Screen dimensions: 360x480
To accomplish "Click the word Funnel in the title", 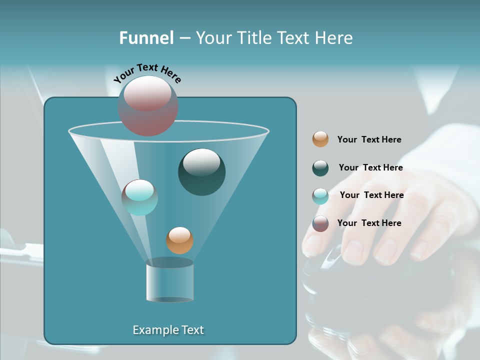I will click(x=146, y=37).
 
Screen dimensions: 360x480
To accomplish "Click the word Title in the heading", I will click(x=253, y=37).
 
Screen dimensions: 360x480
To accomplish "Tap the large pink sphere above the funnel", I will click(x=148, y=105).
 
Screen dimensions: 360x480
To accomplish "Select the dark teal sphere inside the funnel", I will click(x=201, y=172).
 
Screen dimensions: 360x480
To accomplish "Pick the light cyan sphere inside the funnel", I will click(x=139, y=197).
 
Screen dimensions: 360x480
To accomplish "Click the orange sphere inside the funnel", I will click(x=179, y=240).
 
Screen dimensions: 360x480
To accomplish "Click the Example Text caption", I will click(x=168, y=330).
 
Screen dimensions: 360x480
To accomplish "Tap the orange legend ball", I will click(x=320, y=139).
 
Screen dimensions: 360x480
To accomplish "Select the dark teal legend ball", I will click(x=320, y=168).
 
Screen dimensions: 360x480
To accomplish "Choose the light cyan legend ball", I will click(x=320, y=196).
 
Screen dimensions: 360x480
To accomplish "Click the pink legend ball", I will click(x=320, y=223).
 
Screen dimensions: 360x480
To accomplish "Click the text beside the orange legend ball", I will click(x=369, y=139).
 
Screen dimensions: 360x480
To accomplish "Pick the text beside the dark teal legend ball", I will click(x=370, y=167).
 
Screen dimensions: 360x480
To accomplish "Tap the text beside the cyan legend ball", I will click(x=371, y=195).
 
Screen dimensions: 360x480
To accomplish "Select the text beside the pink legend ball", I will click(x=369, y=223).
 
